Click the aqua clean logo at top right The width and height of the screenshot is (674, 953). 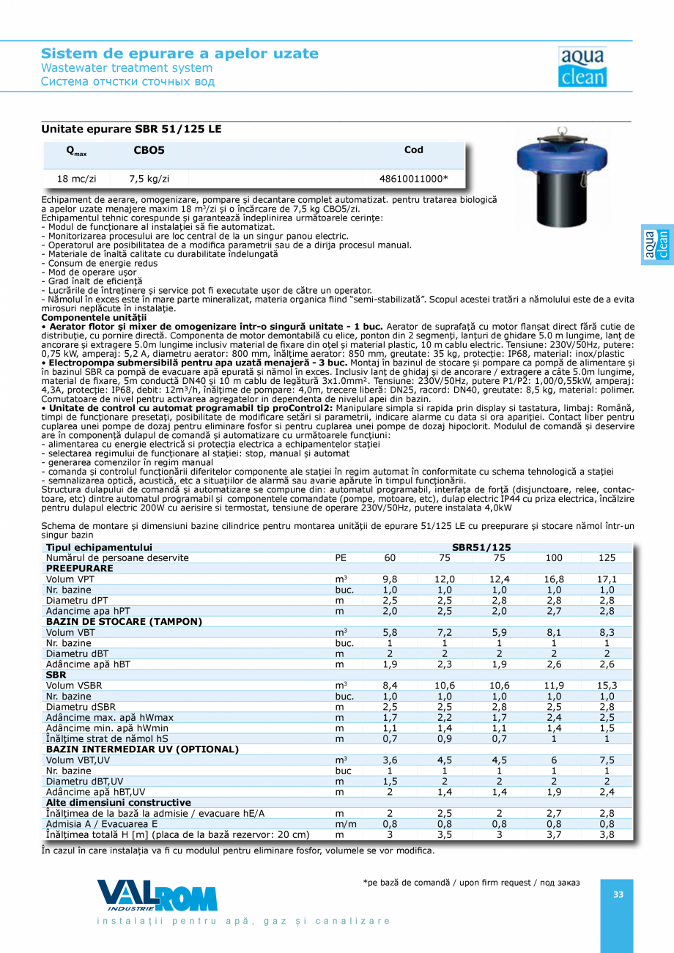tap(582, 67)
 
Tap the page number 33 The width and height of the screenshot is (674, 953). tap(618, 894)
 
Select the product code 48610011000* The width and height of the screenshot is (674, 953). tap(413, 178)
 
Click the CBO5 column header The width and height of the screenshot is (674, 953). tap(149, 150)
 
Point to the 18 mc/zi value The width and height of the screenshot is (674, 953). tap(76, 178)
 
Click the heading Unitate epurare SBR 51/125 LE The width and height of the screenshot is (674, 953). tap(131, 129)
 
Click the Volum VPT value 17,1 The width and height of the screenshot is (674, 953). tap(607, 579)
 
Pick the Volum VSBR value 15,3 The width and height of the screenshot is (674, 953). tap(607, 686)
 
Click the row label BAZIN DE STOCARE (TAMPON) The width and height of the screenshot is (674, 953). tap(124, 621)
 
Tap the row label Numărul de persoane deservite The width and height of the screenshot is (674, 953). tap(117, 557)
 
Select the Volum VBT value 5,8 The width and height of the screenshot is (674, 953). tap(390, 632)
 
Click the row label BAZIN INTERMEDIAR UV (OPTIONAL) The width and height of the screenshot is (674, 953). tap(142, 749)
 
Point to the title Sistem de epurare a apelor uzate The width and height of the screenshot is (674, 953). tap(179, 53)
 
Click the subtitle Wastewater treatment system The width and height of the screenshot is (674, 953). tap(126, 68)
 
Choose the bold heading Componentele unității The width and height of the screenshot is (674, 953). tap(94, 318)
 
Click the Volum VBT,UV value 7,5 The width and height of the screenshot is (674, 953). tap(607, 760)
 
